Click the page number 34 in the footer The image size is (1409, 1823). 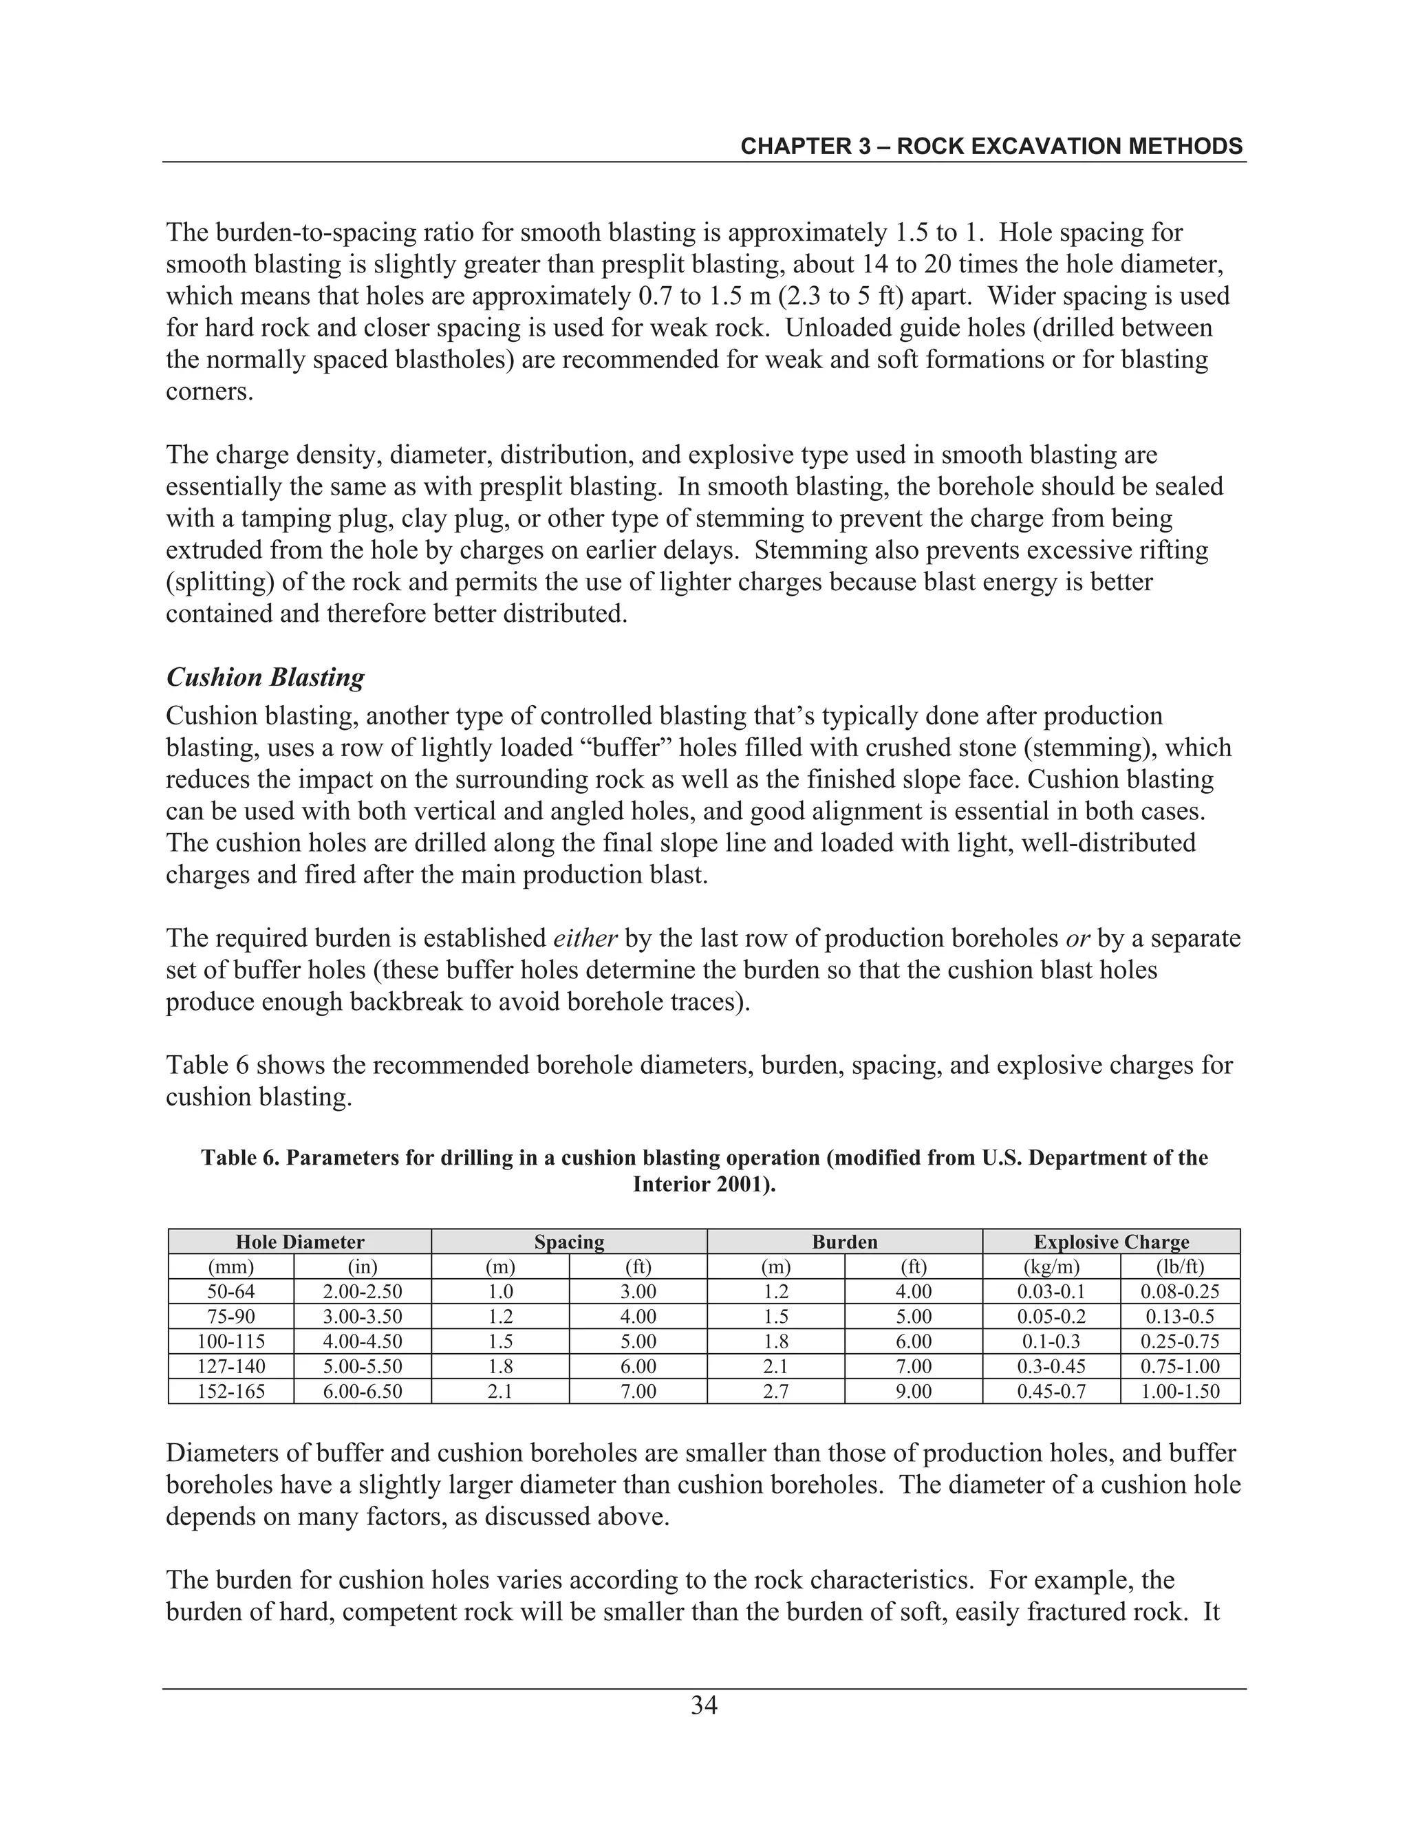coord(704,1705)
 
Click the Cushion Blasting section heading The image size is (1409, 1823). coord(265,677)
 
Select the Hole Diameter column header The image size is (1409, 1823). coord(300,1241)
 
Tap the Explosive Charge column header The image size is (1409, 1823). coord(1111,1241)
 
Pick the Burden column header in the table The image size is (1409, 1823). coord(845,1241)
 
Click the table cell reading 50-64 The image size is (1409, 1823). coord(231,1291)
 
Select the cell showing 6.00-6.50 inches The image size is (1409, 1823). coord(363,1392)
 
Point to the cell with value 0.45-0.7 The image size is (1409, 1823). coord(1051,1392)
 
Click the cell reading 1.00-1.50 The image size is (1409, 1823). coord(1181,1392)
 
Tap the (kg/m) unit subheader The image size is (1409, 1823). coord(1051,1266)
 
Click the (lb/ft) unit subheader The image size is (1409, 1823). coord(1181,1266)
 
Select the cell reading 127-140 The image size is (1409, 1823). coord(231,1366)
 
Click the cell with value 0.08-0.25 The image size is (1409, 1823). coord(1181,1291)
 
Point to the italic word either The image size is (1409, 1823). coord(585,938)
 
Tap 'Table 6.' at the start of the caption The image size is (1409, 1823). coord(239,1158)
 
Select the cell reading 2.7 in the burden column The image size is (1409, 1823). coord(775,1392)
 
